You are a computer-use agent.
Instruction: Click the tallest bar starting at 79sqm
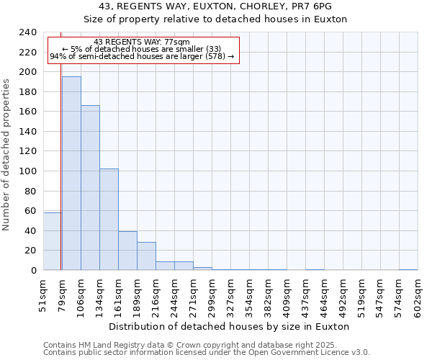71,173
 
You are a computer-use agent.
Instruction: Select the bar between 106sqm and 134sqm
90,187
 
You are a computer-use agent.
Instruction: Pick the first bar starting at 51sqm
52,241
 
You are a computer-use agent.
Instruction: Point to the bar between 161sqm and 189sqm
127,251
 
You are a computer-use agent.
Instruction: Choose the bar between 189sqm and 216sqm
146,256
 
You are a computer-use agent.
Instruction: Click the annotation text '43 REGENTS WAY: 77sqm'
142,42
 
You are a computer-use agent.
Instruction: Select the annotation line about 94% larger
142,57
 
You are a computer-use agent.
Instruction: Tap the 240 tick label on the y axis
27,32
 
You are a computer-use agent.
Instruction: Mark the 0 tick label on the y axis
33,271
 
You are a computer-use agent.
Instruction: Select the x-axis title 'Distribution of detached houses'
230,326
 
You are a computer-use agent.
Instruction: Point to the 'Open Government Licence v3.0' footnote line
207,353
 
